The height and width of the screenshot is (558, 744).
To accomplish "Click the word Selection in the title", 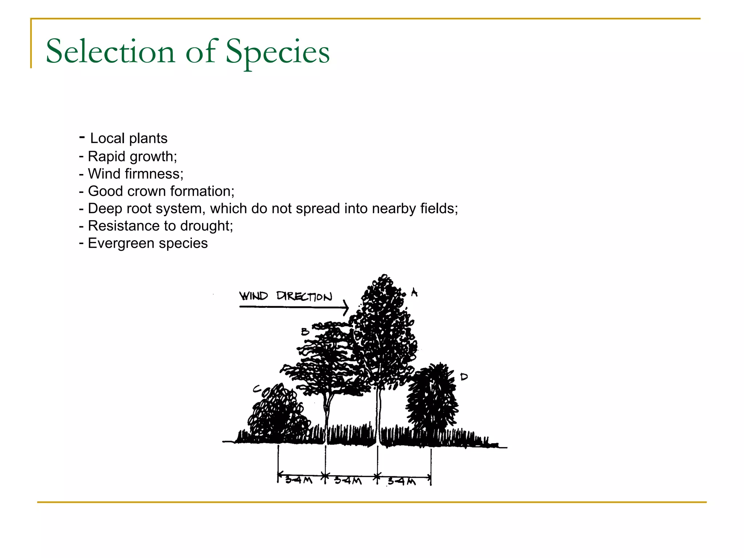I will click(110, 52).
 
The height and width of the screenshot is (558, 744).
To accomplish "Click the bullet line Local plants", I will click(128, 138).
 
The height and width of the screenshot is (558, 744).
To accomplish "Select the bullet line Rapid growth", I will click(132, 156).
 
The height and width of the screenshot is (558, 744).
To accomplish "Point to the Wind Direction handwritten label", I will click(286, 296).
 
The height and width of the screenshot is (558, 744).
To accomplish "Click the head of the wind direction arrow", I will click(346, 307).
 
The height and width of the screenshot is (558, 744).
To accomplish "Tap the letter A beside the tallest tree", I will click(414, 292).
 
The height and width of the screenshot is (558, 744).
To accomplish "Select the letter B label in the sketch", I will click(305, 331).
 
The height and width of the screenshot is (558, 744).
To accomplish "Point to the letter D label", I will click(464, 377).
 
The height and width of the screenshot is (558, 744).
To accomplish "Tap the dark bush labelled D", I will click(432, 400).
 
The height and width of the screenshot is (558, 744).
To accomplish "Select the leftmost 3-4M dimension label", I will click(299, 480).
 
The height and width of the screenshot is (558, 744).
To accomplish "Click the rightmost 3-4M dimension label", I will click(401, 481).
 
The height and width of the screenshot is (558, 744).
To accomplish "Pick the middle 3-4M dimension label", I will click(348, 481).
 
